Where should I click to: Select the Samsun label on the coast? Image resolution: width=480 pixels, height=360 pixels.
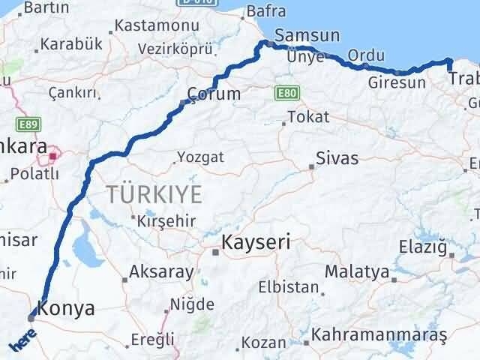click(x=307, y=35)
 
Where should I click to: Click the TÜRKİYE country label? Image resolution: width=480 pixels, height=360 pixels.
click(x=154, y=195)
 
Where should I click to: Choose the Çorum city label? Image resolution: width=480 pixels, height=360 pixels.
click(x=217, y=94)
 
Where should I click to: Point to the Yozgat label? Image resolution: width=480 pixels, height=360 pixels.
click(x=200, y=157)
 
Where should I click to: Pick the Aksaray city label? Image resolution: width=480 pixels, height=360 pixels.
click(x=161, y=271)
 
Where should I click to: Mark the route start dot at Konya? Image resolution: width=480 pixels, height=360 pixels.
click(x=31, y=317)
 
